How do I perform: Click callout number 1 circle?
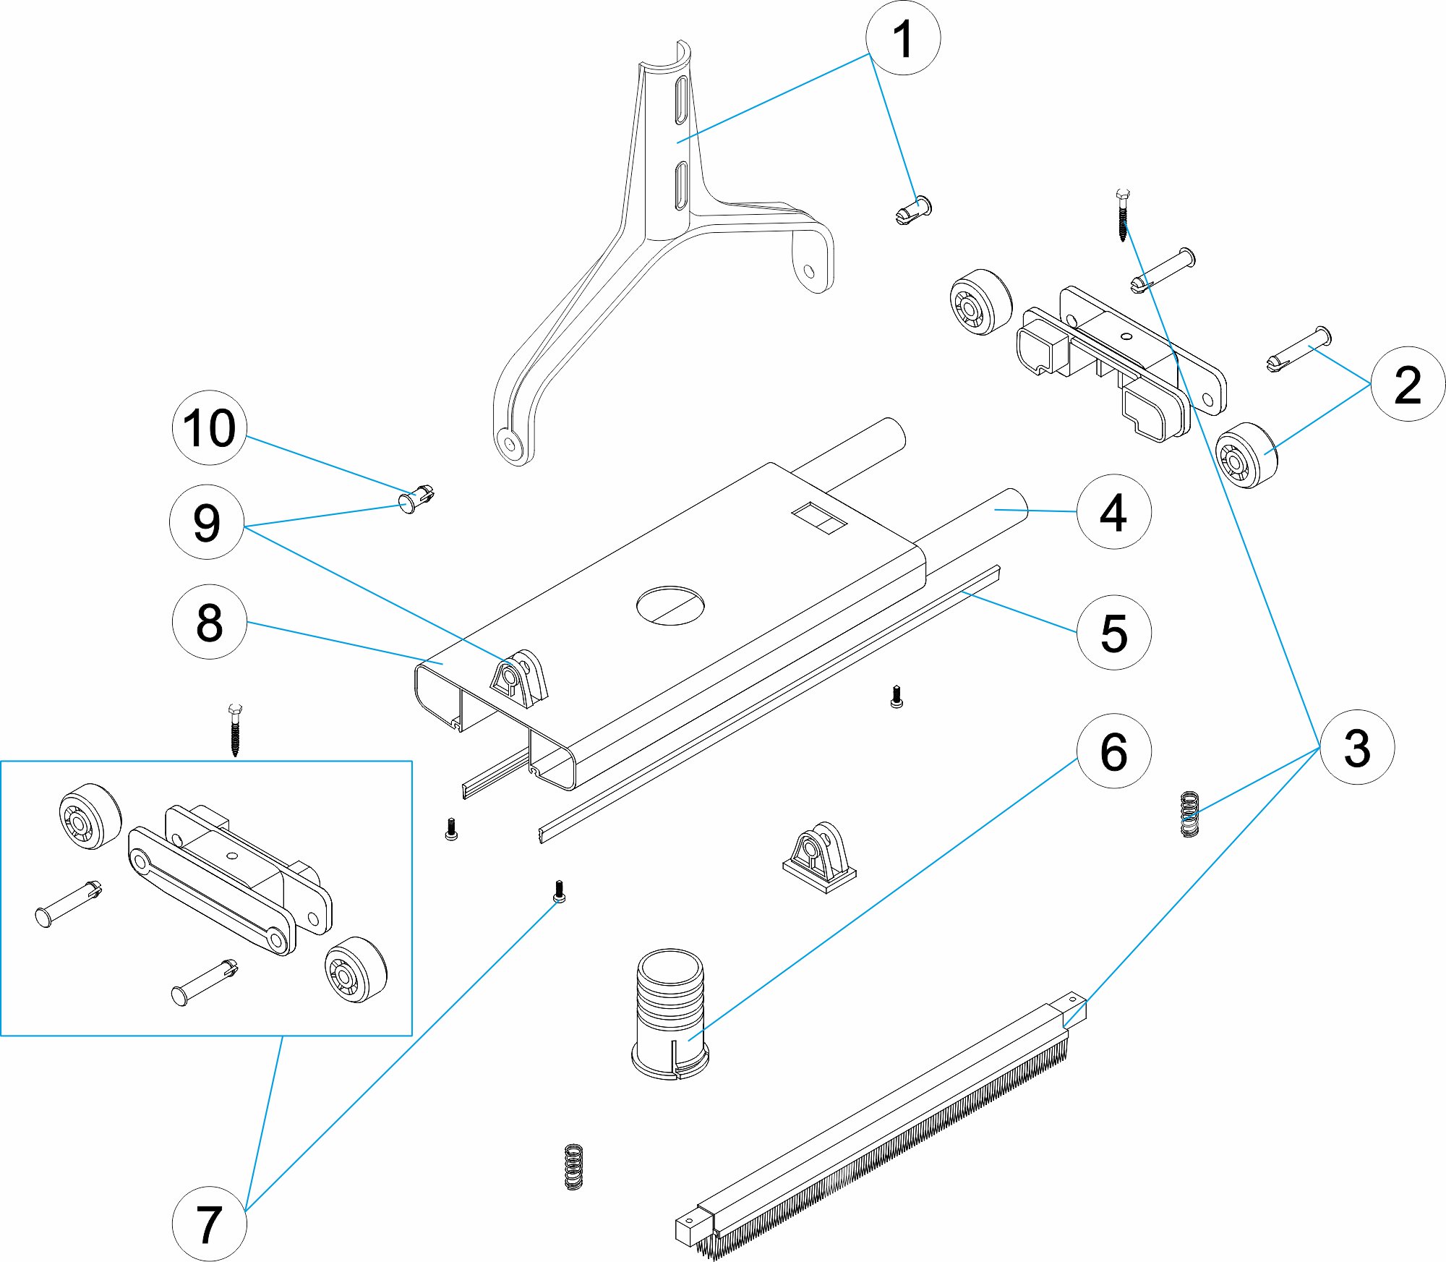click(x=902, y=38)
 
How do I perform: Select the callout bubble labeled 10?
click(x=209, y=427)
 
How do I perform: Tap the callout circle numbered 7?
click(x=209, y=1224)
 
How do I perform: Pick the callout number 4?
click(x=1113, y=512)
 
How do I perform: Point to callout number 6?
click(x=1113, y=751)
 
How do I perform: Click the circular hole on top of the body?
click(x=670, y=605)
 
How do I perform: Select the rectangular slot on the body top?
click(x=819, y=519)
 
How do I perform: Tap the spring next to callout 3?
click(x=1189, y=814)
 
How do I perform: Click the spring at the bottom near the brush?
click(x=573, y=1167)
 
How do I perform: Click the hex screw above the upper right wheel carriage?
click(x=1123, y=215)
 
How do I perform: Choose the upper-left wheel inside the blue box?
click(x=90, y=816)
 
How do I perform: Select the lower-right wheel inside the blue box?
click(x=355, y=970)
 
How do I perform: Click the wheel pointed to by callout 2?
click(x=1246, y=456)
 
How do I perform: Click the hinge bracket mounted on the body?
click(x=518, y=681)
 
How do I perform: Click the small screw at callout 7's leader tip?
click(x=559, y=892)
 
